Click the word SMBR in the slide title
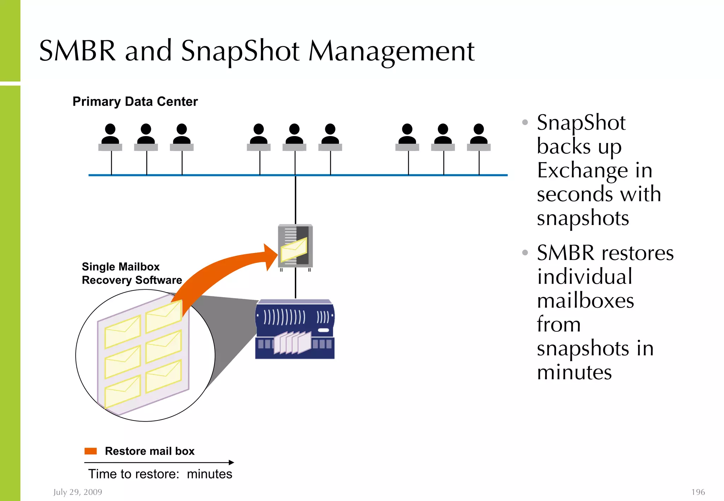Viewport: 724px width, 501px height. (x=77, y=51)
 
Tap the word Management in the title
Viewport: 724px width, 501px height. (x=391, y=52)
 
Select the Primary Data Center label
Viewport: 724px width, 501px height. (x=135, y=101)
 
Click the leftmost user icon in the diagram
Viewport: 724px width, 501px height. (x=110, y=137)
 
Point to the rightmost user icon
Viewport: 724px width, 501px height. (x=479, y=137)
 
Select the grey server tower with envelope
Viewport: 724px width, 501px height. (x=295, y=246)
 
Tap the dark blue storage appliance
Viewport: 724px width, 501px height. (x=295, y=329)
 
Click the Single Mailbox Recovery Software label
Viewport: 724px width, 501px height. (x=132, y=273)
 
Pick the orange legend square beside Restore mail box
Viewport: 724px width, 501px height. (x=90, y=451)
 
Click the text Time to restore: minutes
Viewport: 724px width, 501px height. (x=160, y=474)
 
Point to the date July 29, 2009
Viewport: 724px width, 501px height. (x=78, y=492)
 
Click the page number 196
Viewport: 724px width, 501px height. (x=698, y=492)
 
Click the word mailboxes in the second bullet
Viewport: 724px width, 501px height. (x=585, y=301)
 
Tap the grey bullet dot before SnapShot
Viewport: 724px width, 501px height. (x=525, y=122)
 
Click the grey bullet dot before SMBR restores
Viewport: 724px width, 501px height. (x=525, y=253)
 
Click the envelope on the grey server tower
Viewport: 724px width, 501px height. (x=293, y=249)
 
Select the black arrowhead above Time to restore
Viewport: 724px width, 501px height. (x=232, y=462)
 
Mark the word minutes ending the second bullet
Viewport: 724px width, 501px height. (x=574, y=372)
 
